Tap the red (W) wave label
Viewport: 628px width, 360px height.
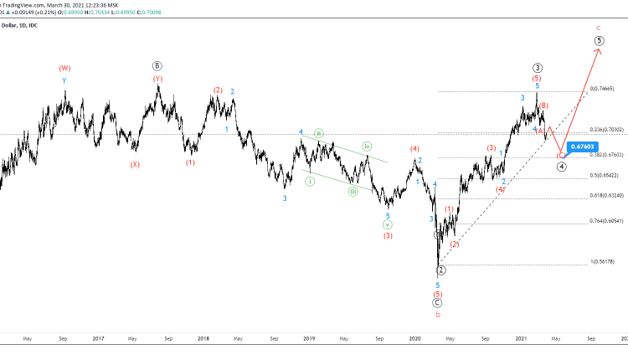pos(64,68)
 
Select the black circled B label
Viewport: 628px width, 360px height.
pos(157,65)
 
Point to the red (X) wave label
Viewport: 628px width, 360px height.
pos(134,165)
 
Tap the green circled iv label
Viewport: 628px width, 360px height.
pos(367,147)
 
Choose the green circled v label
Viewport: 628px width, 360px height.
pos(388,225)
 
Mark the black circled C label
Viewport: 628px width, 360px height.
pos(437,303)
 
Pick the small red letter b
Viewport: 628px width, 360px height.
pos(437,315)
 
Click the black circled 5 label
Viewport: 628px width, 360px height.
pos(600,40)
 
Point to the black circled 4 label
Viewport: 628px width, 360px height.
pos(561,166)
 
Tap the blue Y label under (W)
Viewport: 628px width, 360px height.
pos(64,81)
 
